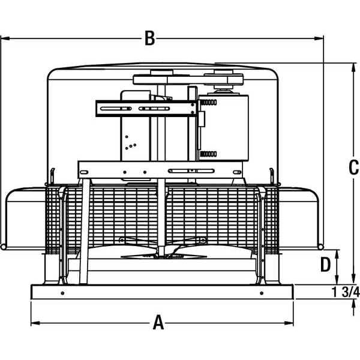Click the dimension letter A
158,323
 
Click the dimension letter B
149,39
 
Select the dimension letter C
353,169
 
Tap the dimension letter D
325,265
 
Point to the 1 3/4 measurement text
345,292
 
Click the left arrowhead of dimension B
4,39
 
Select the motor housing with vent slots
223,127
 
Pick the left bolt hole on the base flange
62,293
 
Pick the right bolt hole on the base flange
261,293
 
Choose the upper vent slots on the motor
208,103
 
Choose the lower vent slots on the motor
208,154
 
